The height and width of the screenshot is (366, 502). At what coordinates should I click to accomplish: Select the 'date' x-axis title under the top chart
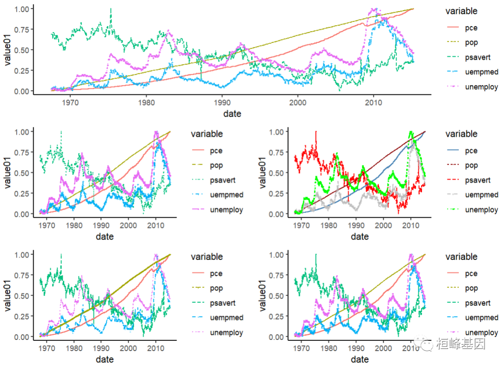pos(232,113)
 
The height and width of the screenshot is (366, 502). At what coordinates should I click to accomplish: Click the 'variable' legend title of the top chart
pos(461,11)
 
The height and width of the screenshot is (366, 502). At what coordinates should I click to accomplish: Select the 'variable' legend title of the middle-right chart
pos(461,134)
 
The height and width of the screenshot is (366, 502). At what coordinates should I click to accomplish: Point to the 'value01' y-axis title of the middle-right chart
pos(263,173)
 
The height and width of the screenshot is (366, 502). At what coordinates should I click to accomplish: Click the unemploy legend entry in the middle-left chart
pos(227,210)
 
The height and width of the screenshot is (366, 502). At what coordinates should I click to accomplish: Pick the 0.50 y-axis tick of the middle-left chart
pos(21,173)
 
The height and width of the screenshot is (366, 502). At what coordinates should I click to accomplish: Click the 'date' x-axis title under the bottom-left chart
pos(105,359)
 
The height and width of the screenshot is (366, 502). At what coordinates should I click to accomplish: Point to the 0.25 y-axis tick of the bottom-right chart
pos(276,316)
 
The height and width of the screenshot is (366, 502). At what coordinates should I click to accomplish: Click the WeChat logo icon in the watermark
pos(426,344)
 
